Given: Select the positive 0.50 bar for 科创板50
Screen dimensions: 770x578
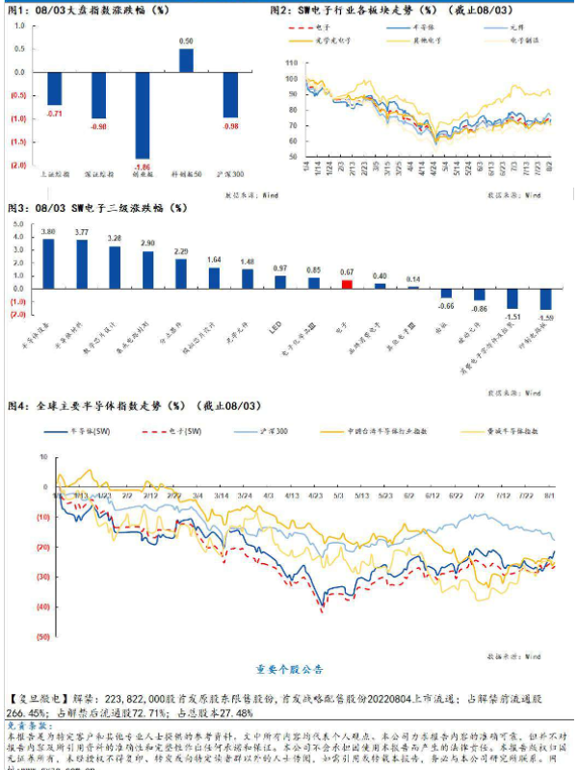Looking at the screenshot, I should (186, 61).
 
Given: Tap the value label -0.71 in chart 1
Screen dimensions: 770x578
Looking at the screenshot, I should (55, 114).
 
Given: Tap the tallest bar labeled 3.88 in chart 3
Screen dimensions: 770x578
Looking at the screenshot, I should (48, 264).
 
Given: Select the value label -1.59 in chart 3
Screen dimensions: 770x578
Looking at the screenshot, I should (546, 317).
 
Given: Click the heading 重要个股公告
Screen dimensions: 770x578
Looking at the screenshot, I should (289, 669).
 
